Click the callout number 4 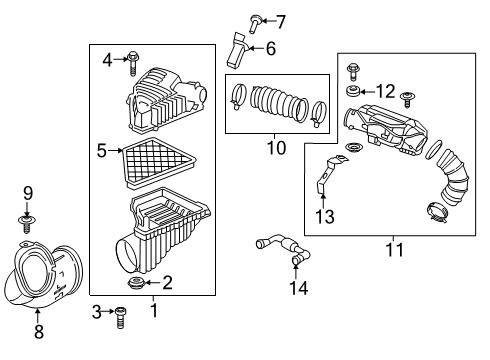pyautogui.click(x=107, y=60)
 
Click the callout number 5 pyautogui.click(x=101, y=152)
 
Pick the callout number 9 pyautogui.click(x=28, y=193)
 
